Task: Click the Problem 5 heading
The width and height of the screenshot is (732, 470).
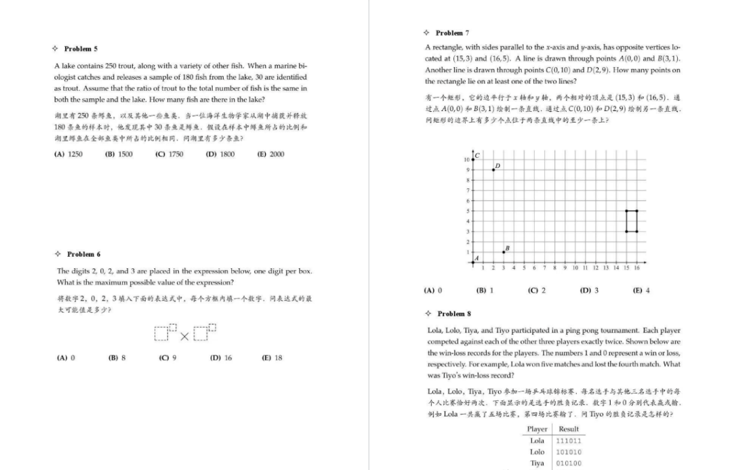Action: point(80,49)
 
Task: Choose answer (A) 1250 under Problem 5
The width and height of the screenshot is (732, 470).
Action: point(68,154)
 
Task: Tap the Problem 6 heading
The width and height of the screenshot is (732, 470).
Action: point(83,254)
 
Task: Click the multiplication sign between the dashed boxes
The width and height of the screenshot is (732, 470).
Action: point(184,334)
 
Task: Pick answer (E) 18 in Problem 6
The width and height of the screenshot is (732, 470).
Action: point(272,358)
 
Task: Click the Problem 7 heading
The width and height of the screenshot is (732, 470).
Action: point(451,33)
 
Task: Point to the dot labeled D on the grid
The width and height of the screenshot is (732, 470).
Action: point(493,169)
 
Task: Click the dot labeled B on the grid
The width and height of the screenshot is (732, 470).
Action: point(503,252)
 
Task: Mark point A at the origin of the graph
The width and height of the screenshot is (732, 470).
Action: point(472,262)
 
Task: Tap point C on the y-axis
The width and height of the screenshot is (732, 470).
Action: point(472,159)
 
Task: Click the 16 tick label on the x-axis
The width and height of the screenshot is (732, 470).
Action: point(636,268)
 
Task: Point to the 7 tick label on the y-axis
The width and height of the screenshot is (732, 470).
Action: point(466,190)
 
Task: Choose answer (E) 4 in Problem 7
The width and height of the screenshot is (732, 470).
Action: point(641,291)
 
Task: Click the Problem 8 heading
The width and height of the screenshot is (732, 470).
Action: point(453,314)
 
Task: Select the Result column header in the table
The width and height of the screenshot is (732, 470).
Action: point(568,429)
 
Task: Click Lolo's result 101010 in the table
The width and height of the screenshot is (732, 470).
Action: point(568,452)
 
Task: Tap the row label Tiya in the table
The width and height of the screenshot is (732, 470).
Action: point(537,463)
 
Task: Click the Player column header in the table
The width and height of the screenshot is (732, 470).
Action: point(537,429)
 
